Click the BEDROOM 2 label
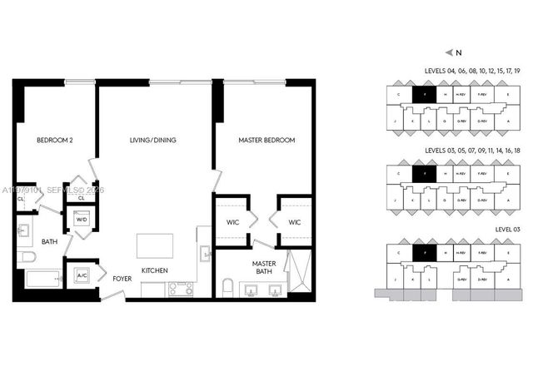55,141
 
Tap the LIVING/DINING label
152,141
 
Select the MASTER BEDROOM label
266,141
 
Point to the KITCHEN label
156,270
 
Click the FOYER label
122,278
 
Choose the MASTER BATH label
264,267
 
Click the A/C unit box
82,275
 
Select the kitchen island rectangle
156,246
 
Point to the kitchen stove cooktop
181,289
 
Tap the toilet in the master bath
227,288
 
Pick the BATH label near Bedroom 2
50,242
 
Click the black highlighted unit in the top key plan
425,95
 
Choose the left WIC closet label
232,222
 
